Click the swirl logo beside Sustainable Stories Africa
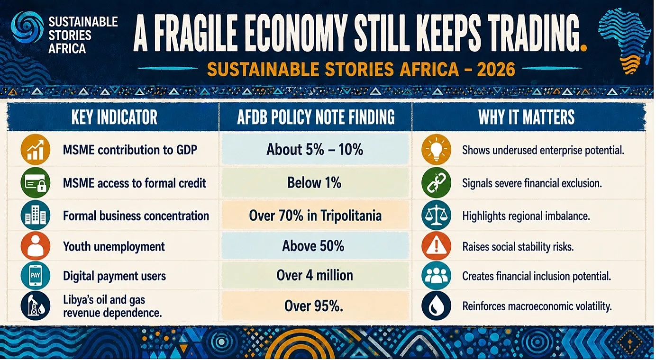(27, 27)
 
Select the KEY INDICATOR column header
(114, 117)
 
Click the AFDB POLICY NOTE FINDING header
(316, 117)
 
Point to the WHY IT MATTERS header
(526, 117)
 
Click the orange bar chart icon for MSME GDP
(36, 150)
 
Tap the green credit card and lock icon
(36, 183)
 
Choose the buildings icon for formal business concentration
(36, 215)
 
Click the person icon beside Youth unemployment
(36, 246)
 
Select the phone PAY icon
(36, 276)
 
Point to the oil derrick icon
(36, 306)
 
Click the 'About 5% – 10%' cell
(315, 149)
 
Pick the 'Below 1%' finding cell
(315, 183)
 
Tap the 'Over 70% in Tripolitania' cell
(315, 216)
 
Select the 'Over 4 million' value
(315, 275)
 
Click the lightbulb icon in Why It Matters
(437, 149)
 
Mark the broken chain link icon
(437, 183)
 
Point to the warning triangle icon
(437, 246)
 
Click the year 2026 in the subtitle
(496, 69)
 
